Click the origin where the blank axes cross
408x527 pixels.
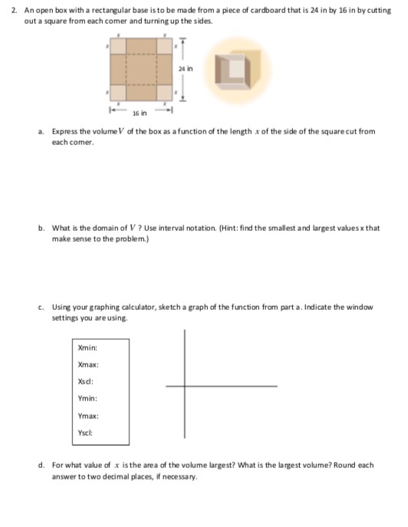pos(185,387)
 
